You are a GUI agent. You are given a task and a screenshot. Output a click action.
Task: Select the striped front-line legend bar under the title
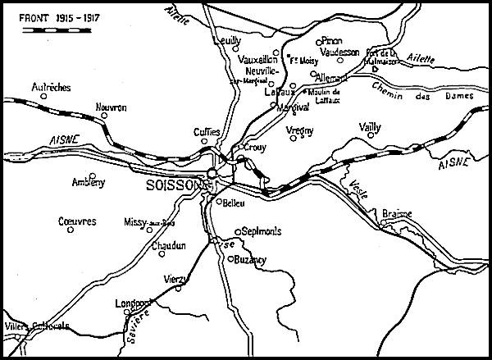[x=55, y=30]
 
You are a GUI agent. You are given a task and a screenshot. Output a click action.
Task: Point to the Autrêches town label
[x=50, y=86]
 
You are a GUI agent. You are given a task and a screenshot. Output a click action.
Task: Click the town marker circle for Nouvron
[x=104, y=116]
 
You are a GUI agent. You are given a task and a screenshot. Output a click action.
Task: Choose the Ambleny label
[x=89, y=183]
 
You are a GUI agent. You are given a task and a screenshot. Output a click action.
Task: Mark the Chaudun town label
[x=169, y=245]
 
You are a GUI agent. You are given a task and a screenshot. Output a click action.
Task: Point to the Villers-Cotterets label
[x=38, y=326]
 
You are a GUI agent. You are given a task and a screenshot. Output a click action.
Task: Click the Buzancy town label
[x=250, y=259]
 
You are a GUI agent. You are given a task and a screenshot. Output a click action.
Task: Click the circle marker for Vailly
[x=371, y=136]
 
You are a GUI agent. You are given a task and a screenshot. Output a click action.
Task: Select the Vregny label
[x=302, y=130]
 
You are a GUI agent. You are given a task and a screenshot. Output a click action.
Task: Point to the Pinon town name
[x=332, y=39]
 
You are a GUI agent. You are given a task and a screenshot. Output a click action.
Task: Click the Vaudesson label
[x=339, y=52]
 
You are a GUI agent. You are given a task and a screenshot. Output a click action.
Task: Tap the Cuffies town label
[x=207, y=131]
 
